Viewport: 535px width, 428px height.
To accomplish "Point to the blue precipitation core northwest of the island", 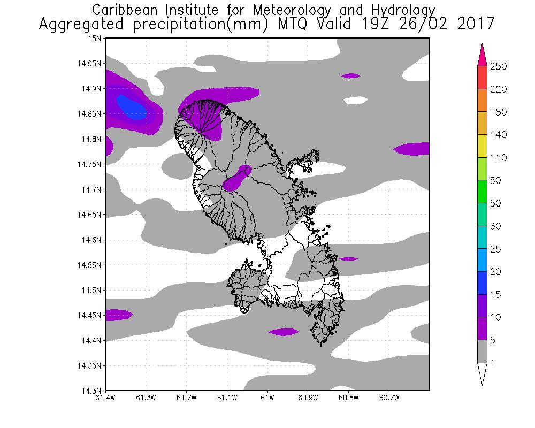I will click(x=132, y=106).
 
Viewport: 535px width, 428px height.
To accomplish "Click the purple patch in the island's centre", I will click(x=237, y=179).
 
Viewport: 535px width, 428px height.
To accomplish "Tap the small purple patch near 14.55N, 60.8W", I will click(x=348, y=259).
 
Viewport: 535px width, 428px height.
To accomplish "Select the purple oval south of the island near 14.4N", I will click(x=284, y=332).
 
